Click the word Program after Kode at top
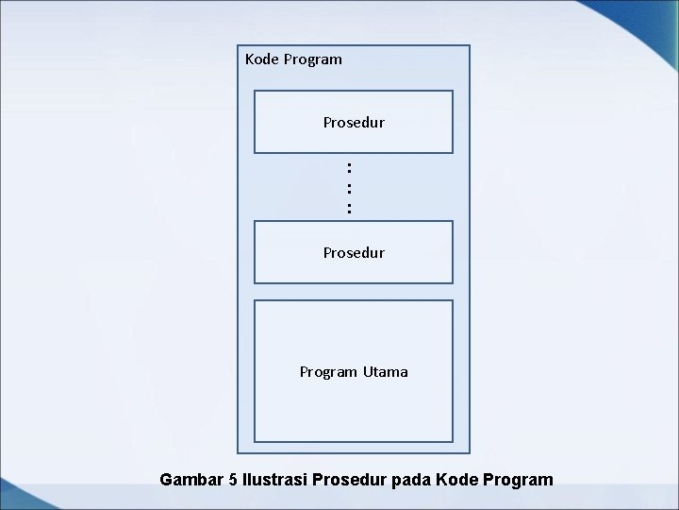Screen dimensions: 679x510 pos(311,60)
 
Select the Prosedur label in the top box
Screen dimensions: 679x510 pos(354,123)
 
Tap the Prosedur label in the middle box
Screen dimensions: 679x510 pos(354,253)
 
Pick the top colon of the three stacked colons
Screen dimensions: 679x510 pos(349,168)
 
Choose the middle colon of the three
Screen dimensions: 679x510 pos(349,188)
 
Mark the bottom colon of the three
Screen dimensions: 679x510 pos(349,208)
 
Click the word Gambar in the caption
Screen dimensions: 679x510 pos(192,480)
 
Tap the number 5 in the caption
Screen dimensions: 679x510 pos(233,480)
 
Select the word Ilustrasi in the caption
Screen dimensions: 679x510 pos(274,480)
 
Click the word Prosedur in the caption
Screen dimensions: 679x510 pos(350,480)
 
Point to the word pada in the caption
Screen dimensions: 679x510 pos(411,480)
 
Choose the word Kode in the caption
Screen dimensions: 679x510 pos(456,480)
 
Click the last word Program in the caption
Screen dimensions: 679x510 pos(518,481)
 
